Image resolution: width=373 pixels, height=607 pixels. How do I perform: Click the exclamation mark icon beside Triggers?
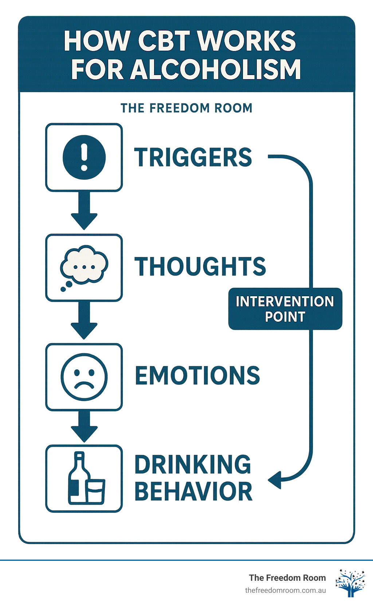pyautogui.click(x=84, y=157)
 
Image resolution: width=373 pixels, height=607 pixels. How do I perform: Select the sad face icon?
pyautogui.click(x=84, y=377)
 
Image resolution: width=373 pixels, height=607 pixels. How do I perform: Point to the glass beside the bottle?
pyautogui.click(x=96, y=491)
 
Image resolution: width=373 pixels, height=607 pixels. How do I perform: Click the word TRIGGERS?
pyautogui.click(x=193, y=157)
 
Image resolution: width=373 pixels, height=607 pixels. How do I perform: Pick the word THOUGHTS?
pyautogui.click(x=200, y=266)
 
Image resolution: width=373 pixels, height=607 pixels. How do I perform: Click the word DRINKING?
pyautogui.click(x=193, y=464)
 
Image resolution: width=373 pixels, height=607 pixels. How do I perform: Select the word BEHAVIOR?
pyautogui.click(x=193, y=492)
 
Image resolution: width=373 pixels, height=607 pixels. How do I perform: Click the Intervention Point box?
pyautogui.click(x=285, y=309)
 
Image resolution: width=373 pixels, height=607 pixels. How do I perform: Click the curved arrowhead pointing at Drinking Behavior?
pyautogui.click(x=275, y=480)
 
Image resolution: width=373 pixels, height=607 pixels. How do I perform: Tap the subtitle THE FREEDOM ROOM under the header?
pyautogui.click(x=186, y=108)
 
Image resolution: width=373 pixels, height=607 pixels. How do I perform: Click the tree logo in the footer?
pyautogui.click(x=350, y=583)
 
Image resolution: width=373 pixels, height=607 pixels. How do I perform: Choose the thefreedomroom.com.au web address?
pyautogui.click(x=285, y=591)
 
